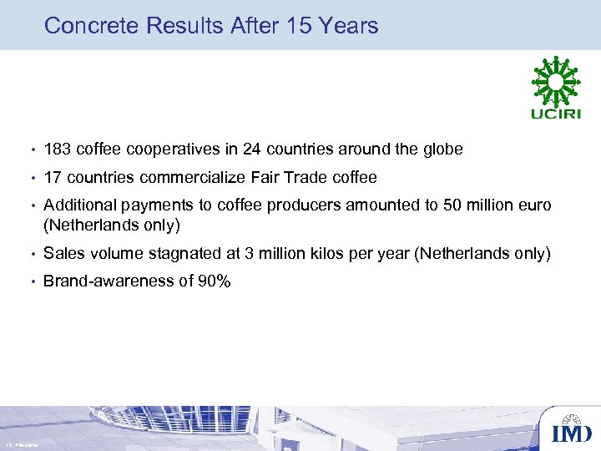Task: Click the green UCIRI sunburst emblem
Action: tap(554, 80)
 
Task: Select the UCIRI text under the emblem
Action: tap(554, 114)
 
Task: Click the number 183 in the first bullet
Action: tap(58, 150)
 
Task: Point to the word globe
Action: tap(440, 150)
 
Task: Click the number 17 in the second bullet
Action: tap(53, 178)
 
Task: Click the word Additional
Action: tap(81, 205)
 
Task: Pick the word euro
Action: tap(533, 205)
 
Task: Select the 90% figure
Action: tap(215, 281)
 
